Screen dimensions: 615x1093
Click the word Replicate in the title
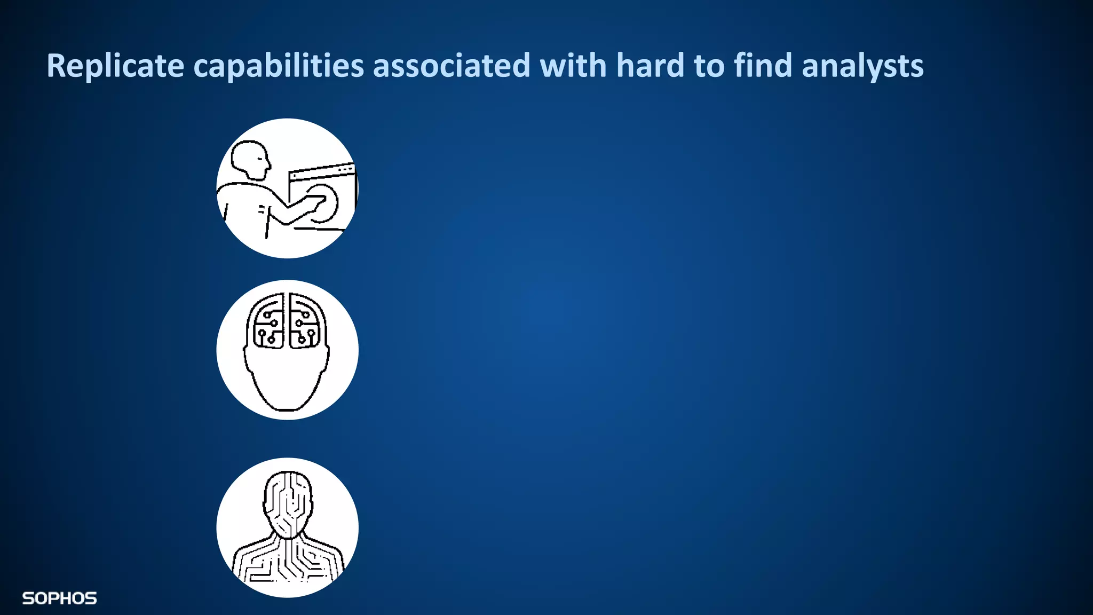pos(115,66)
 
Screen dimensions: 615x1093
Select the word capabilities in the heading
pos(279,66)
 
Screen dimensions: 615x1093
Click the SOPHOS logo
pos(59,598)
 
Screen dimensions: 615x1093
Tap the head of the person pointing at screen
pos(250,159)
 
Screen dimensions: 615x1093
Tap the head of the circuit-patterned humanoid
pos(288,499)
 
